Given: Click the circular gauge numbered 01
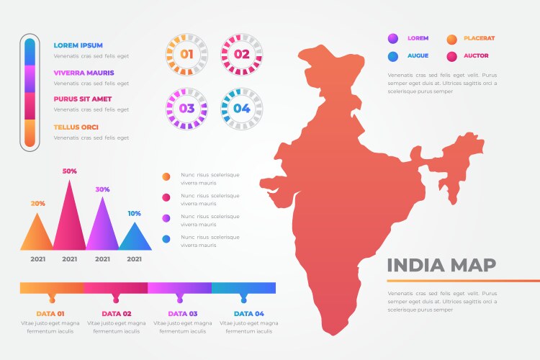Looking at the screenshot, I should [186, 54].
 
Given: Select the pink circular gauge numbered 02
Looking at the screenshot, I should [241, 54].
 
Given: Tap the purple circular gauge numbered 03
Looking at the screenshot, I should [186, 109].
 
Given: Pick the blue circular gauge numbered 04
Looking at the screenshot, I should [241, 109].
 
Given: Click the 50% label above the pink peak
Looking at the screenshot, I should [70, 171].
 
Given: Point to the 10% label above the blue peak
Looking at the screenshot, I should [135, 213].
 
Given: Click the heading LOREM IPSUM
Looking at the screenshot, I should [78, 45].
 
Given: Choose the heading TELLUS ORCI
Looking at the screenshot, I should [76, 127].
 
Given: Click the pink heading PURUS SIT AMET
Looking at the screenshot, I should [84, 100].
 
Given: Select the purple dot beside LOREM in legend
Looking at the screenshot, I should [393, 39].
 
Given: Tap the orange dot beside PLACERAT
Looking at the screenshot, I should [451, 39].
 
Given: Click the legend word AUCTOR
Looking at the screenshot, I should [477, 55].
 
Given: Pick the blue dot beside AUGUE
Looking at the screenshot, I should [393, 56].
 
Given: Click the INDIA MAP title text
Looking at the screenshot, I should [441, 265].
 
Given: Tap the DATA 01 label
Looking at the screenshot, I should [51, 314].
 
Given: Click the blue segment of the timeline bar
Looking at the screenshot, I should [243, 288].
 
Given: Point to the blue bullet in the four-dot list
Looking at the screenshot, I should [166, 238].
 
